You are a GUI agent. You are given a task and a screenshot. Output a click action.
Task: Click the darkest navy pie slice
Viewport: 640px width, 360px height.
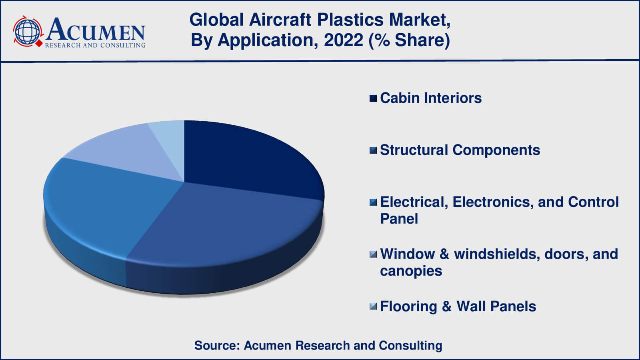pos(244,156)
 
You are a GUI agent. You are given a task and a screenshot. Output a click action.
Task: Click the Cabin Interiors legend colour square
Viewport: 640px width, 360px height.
pos(373,98)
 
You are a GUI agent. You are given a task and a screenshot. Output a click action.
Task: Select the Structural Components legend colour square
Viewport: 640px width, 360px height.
pos(373,150)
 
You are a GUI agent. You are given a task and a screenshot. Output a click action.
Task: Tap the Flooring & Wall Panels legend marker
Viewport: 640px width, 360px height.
pos(373,306)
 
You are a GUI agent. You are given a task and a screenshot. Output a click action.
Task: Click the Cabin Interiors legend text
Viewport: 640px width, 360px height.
pos(431,98)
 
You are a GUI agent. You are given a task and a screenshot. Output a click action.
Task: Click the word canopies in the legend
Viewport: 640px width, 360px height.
pos(411,271)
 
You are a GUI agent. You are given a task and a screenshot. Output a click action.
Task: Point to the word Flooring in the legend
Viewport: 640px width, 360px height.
pos(408,306)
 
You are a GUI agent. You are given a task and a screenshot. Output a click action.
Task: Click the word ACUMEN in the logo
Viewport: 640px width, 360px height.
pos(95,30)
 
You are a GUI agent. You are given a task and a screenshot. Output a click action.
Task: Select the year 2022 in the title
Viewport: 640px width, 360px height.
pos(343,40)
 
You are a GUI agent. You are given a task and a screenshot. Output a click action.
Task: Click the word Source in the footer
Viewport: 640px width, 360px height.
pos(216,345)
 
